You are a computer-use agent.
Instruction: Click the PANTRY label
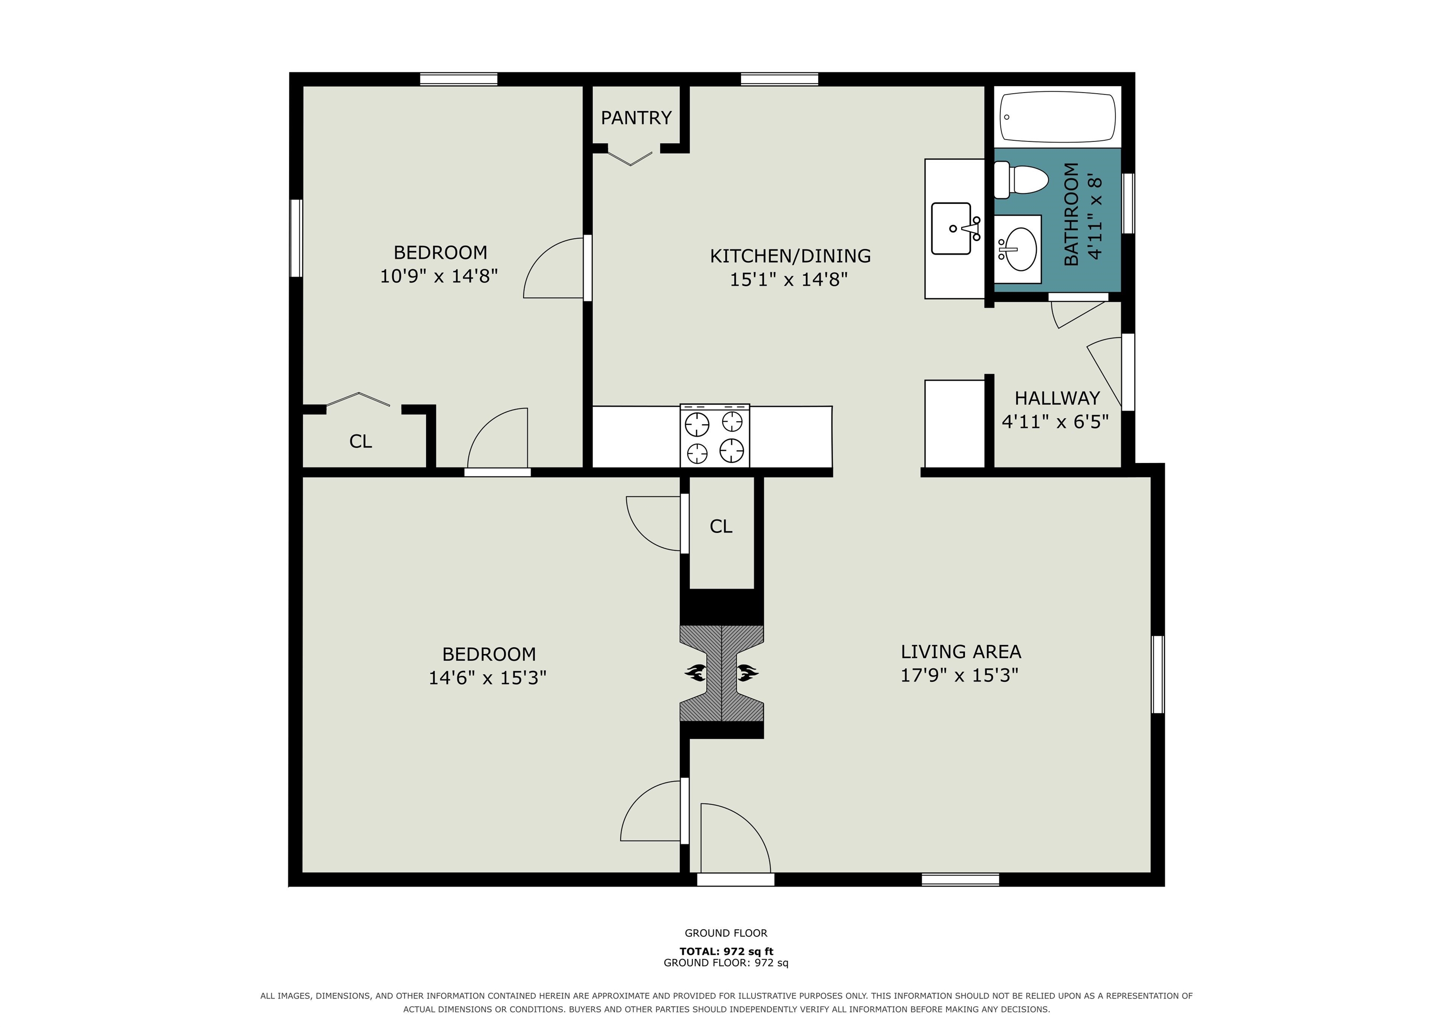pos(636,118)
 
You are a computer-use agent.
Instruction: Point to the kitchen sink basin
pos(951,228)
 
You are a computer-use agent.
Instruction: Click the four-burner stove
pos(715,436)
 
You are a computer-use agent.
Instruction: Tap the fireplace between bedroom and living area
pos(721,673)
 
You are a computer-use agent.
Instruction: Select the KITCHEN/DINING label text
pos(790,256)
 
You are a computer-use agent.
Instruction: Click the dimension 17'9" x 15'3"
pos(959,675)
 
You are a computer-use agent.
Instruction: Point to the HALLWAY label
pos(1057,398)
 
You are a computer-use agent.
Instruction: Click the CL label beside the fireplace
pos(721,526)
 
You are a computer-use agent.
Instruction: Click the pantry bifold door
pos(630,157)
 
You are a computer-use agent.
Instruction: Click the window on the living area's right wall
pos(1157,675)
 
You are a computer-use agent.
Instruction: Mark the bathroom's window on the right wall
pos(1128,203)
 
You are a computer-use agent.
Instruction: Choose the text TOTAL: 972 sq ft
pos(726,951)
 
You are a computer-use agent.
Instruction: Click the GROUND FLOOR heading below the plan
pos(726,933)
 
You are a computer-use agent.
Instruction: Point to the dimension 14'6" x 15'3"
pos(487,678)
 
